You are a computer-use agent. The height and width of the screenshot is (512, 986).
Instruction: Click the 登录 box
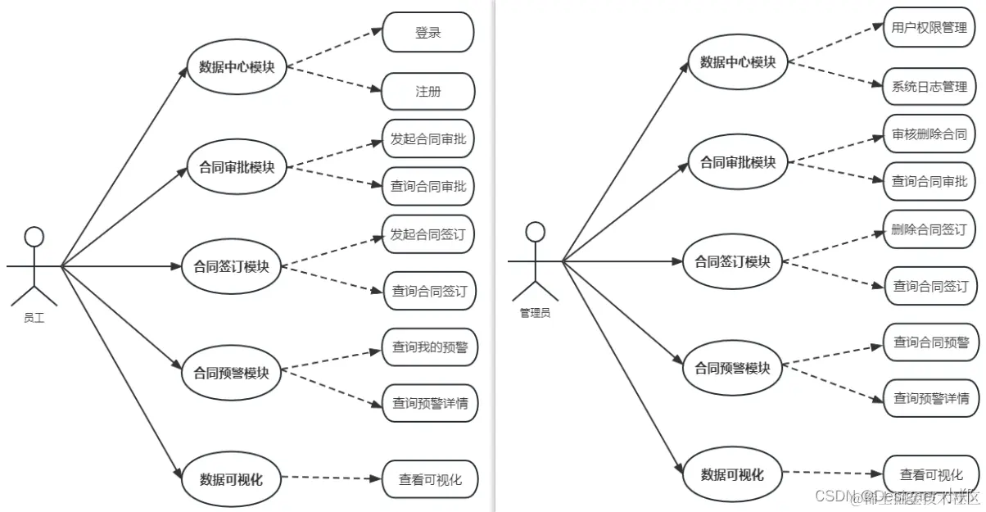[427, 33]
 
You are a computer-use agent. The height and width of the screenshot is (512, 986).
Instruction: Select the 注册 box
[427, 92]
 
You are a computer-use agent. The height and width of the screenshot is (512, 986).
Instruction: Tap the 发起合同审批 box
[427, 139]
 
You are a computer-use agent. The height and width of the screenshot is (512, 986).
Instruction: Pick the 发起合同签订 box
[427, 235]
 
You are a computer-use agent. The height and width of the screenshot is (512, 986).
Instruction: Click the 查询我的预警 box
[429, 347]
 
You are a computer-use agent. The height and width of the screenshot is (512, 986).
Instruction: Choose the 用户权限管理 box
[929, 27]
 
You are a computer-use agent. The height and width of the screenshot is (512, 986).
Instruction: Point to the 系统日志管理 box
[929, 87]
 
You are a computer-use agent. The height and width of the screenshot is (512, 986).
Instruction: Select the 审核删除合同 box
[929, 134]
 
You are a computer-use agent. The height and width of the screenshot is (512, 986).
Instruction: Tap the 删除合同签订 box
[929, 229]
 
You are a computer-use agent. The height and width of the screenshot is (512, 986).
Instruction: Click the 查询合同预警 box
[931, 342]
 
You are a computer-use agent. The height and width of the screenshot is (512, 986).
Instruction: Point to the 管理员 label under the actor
[535, 313]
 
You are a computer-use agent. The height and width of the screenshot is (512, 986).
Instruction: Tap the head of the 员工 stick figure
[34, 238]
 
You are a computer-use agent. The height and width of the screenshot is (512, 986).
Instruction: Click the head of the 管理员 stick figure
[535, 232]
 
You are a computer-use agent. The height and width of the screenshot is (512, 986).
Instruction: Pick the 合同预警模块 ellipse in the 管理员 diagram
[732, 368]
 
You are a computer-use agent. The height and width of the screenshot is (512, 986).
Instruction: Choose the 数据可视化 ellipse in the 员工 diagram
[232, 480]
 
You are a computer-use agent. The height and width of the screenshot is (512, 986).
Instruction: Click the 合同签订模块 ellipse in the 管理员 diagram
[732, 262]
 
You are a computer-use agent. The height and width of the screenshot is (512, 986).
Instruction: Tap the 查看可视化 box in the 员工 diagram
[430, 480]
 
